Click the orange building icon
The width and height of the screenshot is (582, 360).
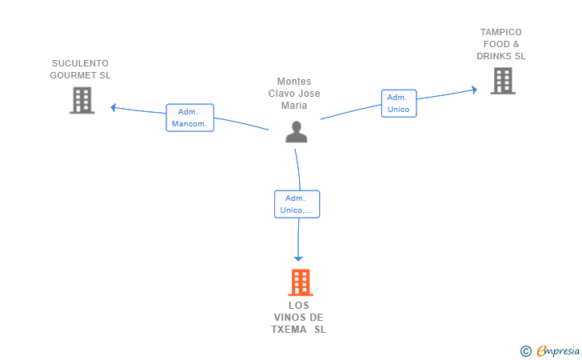(301, 282)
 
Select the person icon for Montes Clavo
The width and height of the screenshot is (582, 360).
(296, 132)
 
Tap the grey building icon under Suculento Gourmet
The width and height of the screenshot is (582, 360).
(82, 100)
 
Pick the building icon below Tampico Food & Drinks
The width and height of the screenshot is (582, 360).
(503, 81)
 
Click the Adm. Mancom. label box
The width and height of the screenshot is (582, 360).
(190, 118)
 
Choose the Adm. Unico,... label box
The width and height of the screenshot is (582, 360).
(297, 204)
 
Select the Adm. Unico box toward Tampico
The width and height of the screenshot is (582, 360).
(399, 103)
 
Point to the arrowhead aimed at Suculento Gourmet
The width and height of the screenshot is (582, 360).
(114, 108)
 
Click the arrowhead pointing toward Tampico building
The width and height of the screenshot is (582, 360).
(474, 90)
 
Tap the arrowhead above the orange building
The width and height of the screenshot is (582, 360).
(298, 258)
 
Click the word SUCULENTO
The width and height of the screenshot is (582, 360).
(80, 63)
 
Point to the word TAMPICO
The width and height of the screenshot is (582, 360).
(501, 32)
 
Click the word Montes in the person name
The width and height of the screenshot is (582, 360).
(294, 82)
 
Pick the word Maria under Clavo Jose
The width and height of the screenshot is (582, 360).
(294, 106)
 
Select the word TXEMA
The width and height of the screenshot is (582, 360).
(289, 330)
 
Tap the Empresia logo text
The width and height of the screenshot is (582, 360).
(558, 350)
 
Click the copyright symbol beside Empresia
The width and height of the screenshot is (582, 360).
(526, 351)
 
